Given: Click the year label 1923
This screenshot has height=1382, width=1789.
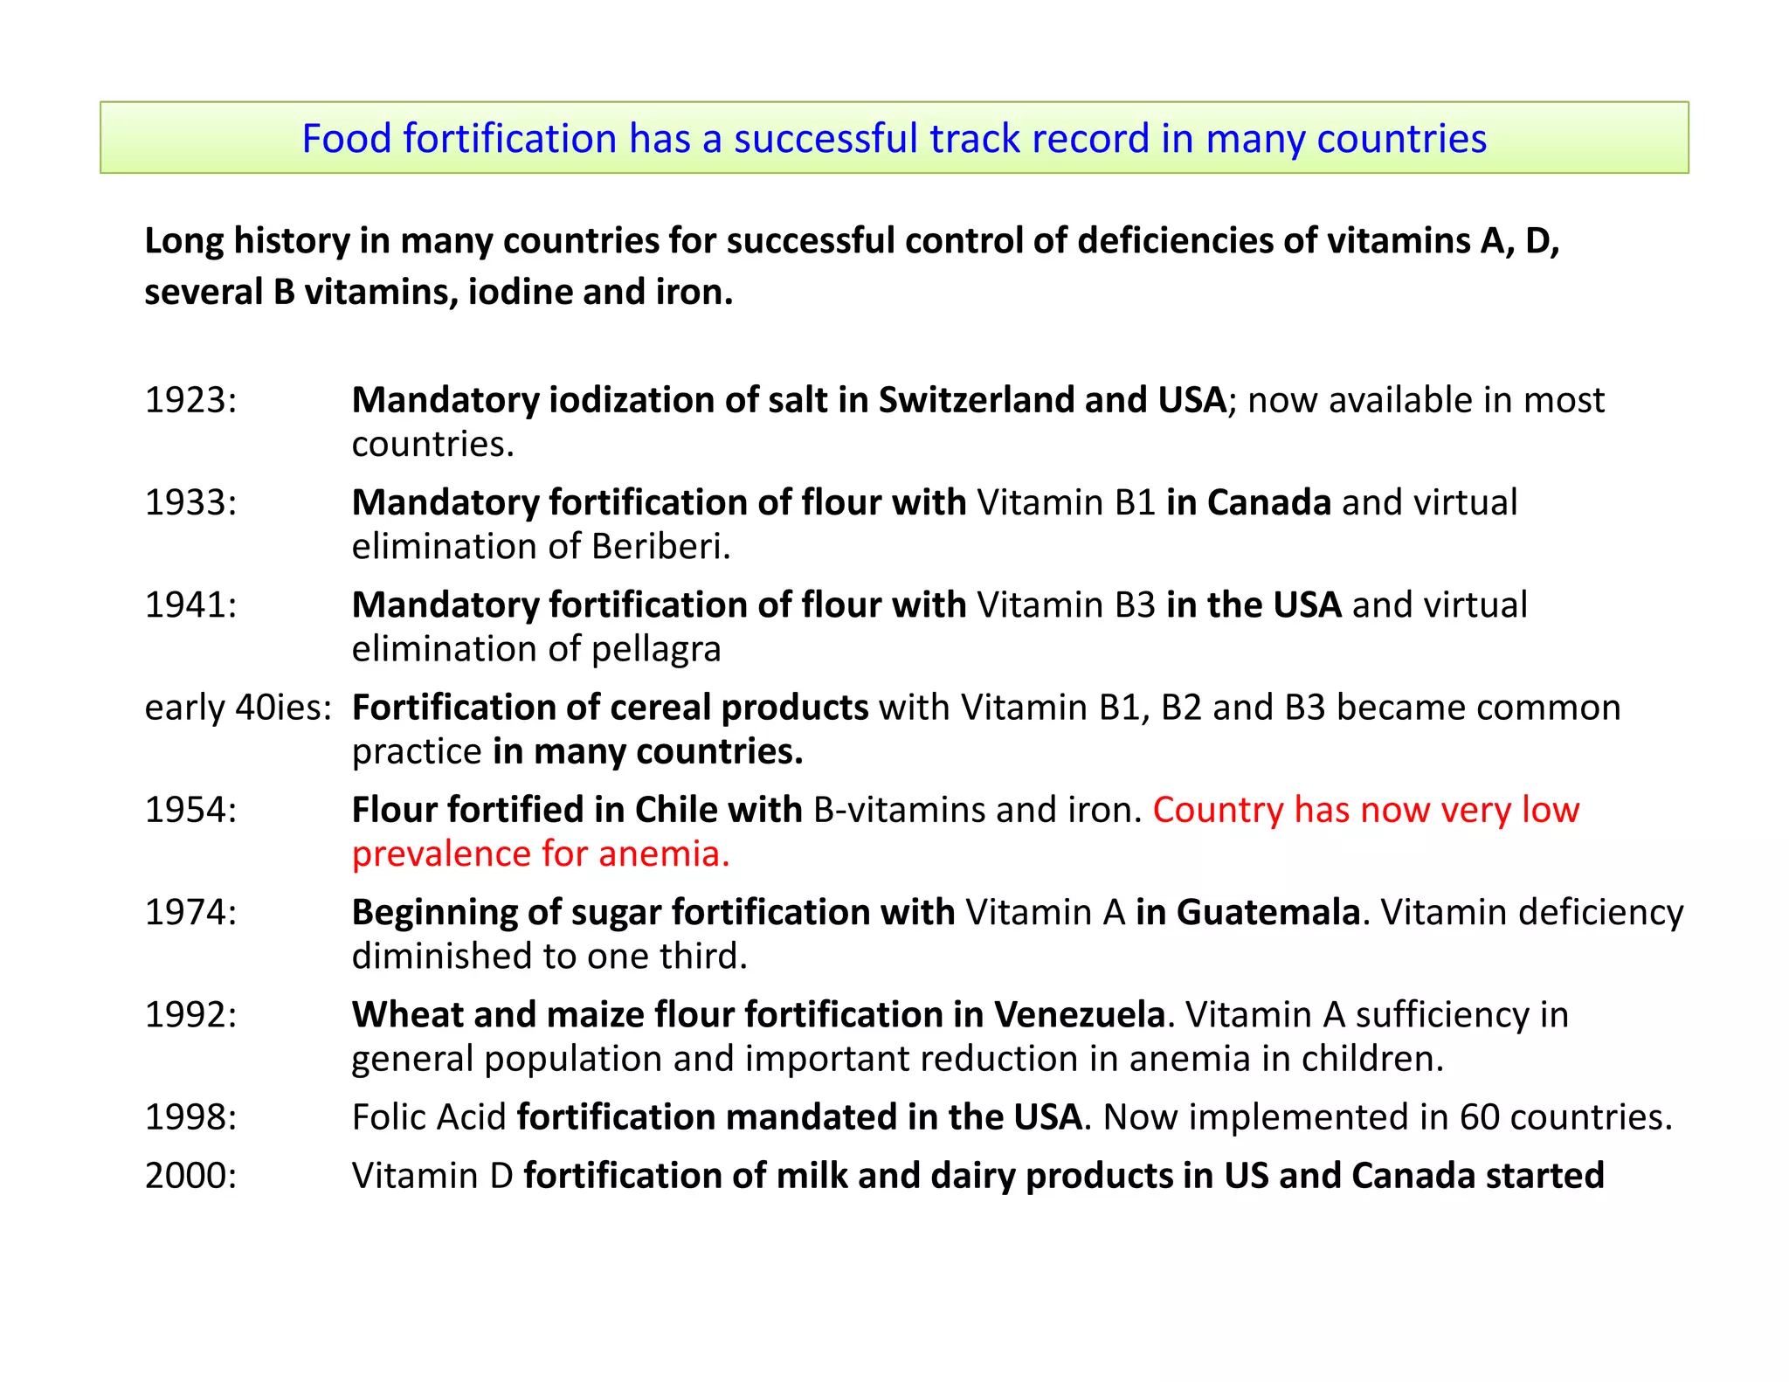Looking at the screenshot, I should pos(190,400).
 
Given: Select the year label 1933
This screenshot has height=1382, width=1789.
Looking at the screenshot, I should pos(190,502).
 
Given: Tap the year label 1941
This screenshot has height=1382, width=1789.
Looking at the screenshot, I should pos(190,605).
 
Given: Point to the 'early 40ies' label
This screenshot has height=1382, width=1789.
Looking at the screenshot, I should pos(238,707).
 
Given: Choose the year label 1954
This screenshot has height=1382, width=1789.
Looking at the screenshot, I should pos(190,809).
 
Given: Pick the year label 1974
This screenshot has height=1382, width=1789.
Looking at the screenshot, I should pos(190,911).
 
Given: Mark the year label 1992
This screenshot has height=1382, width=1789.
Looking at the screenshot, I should pos(190,1014).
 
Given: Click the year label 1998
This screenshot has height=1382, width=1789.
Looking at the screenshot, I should pos(190,1116).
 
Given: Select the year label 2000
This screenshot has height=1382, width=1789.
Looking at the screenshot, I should pos(190,1175).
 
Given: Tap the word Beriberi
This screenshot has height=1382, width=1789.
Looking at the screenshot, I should pos(660,547).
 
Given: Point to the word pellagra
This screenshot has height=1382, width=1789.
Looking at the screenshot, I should pos(656,650).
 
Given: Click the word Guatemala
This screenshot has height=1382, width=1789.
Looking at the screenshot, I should pos(1268,911).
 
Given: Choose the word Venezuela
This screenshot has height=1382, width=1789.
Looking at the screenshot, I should pos(1080,1014).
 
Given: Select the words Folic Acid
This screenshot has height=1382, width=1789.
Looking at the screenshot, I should pos(429,1116).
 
